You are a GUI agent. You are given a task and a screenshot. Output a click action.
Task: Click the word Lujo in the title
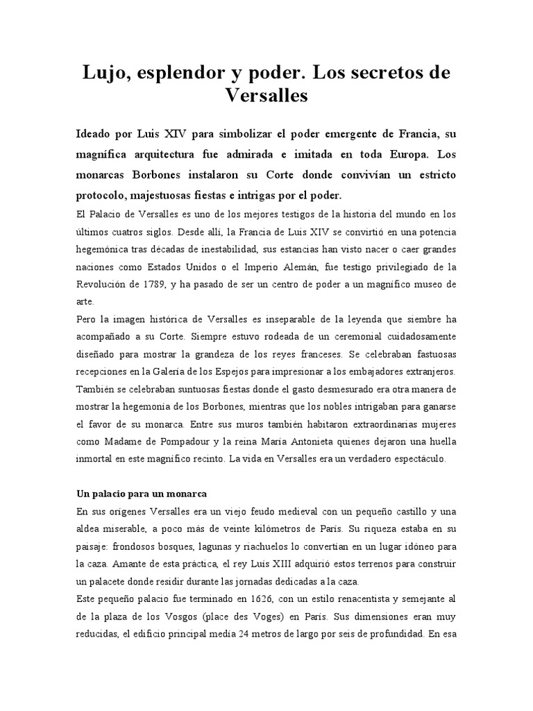point(105,72)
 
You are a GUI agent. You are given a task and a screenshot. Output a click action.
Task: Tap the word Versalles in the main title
point(266,96)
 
